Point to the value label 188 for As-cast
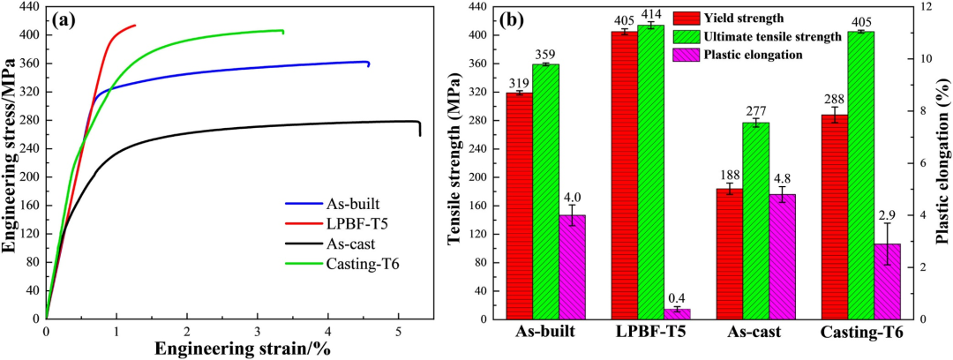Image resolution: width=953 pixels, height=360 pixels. tap(730, 176)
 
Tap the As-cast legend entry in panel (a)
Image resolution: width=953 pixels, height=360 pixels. tap(334, 245)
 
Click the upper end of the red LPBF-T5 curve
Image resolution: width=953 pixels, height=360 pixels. tap(134, 25)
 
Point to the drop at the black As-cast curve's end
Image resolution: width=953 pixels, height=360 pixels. tap(419, 129)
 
